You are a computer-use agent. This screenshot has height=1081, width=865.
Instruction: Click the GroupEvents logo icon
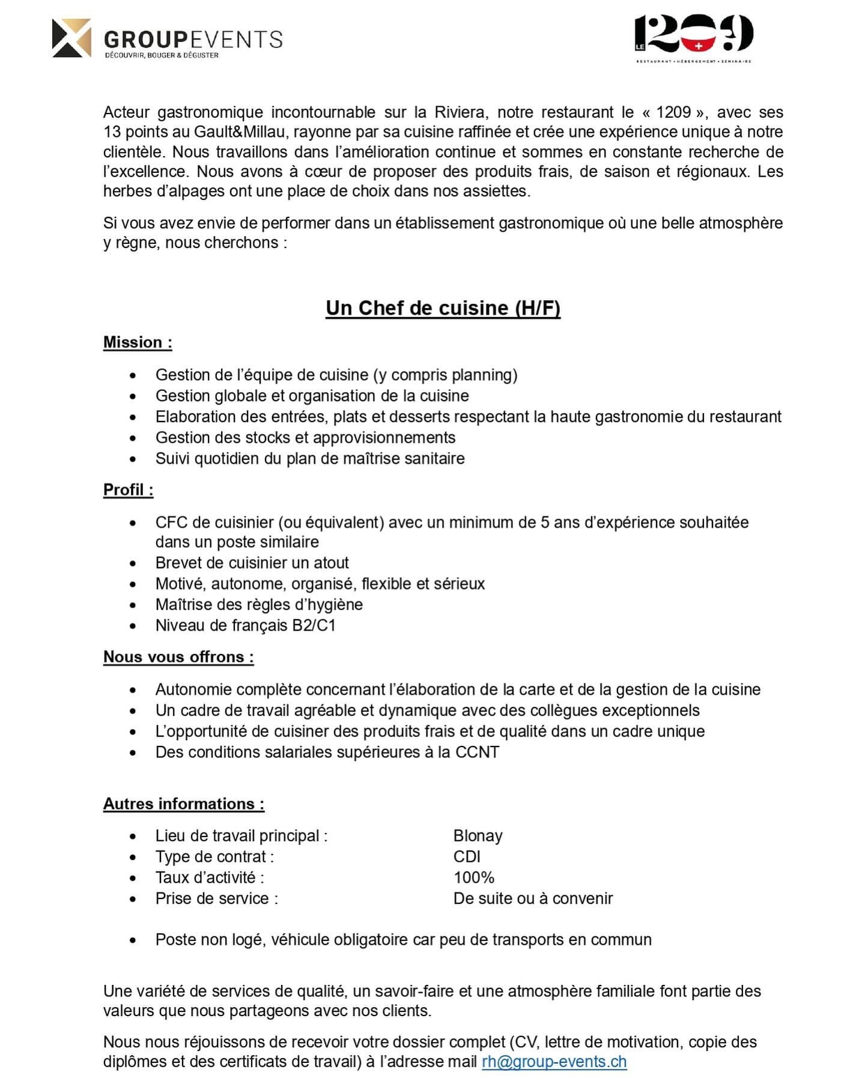pyautogui.click(x=71, y=38)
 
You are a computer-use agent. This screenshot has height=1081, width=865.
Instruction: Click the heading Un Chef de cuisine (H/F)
pyautogui.click(x=443, y=307)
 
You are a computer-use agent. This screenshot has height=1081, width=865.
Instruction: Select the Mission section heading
pyautogui.click(x=138, y=342)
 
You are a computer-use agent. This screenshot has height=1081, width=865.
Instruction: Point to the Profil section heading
pyautogui.click(x=128, y=490)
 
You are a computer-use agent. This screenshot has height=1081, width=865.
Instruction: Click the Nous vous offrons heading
pyautogui.click(x=178, y=657)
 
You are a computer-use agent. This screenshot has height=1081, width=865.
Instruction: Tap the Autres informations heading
pyautogui.click(x=184, y=804)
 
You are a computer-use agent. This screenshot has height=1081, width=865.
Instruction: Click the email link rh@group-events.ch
pyautogui.click(x=554, y=1062)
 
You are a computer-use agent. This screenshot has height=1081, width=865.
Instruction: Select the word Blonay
pyautogui.click(x=478, y=836)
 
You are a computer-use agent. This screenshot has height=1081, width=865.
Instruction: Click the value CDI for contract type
pyautogui.click(x=467, y=857)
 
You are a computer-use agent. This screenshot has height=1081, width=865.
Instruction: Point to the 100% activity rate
pyautogui.click(x=473, y=878)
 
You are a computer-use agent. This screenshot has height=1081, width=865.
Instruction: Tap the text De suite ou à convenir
pyautogui.click(x=533, y=899)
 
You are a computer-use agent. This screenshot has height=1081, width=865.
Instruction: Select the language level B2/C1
pyautogui.click(x=314, y=626)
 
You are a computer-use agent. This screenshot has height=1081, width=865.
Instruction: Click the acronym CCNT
pyautogui.click(x=477, y=752)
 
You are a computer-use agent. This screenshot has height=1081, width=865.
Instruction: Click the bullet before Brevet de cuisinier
pyautogui.click(x=133, y=563)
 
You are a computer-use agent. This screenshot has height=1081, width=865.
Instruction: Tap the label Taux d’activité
pyautogui.click(x=209, y=878)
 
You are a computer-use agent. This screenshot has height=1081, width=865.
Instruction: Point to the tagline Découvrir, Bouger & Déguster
pyautogui.click(x=162, y=55)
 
